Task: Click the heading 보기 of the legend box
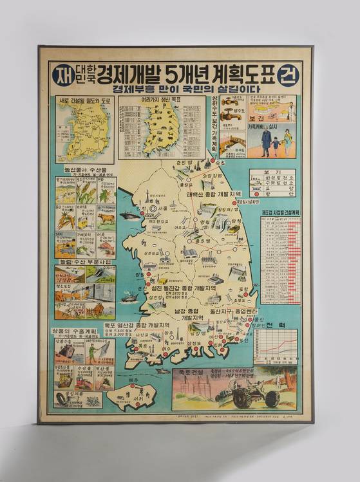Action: [x=272, y=173]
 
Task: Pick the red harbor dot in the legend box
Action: [x=257, y=191]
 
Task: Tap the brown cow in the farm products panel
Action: [x=106, y=219]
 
